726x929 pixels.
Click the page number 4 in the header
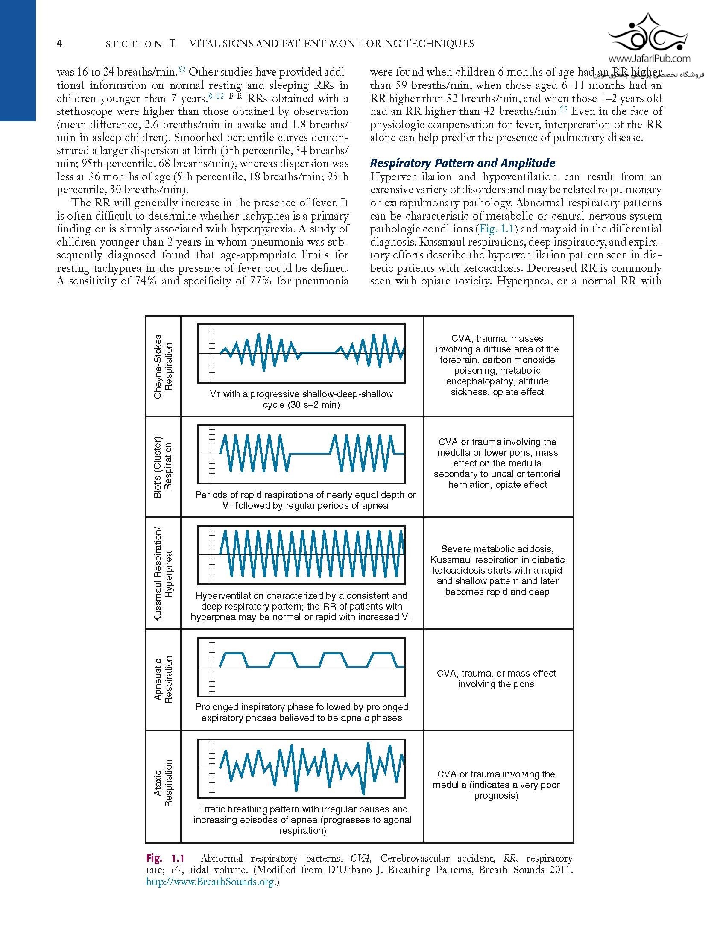coord(60,44)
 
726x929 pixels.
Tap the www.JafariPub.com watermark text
coord(649,59)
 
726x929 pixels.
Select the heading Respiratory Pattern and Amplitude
coord(463,163)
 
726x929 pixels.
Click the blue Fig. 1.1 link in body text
coord(496,229)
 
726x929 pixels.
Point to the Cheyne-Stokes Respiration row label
coord(164,366)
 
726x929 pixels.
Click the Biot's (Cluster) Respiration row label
coord(164,467)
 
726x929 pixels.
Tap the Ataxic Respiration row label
coord(164,783)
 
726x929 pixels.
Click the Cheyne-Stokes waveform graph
coord(302,354)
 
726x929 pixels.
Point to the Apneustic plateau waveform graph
coord(302,667)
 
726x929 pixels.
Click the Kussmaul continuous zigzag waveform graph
coord(302,555)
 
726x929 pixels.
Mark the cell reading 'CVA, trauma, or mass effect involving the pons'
coord(496,679)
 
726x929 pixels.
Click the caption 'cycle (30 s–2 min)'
coord(302,405)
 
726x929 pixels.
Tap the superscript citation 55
coord(563,110)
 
